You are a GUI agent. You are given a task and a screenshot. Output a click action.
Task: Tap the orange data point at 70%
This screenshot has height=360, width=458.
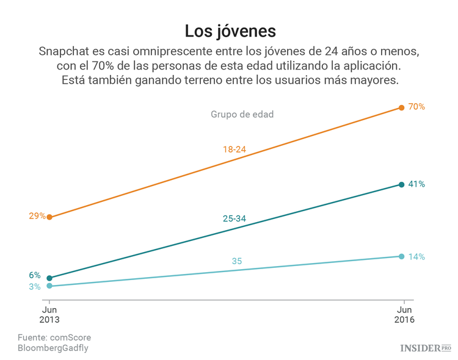(x=401, y=107)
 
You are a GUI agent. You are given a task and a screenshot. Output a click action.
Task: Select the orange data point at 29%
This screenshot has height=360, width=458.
(x=49, y=217)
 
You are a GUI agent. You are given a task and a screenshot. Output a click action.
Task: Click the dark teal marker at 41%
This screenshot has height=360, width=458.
(x=401, y=184)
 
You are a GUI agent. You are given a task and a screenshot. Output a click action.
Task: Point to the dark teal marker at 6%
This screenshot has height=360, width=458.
(x=49, y=278)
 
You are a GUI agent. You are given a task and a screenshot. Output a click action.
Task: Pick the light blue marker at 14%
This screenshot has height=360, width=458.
(x=401, y=256)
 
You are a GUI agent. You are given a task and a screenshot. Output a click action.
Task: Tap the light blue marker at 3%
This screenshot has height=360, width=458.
(x=49, y=286)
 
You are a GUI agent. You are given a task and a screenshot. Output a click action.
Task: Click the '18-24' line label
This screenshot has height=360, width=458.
(x=235, y=149)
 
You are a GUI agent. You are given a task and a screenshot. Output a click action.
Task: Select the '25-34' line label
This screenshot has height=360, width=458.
(x=234, y=218)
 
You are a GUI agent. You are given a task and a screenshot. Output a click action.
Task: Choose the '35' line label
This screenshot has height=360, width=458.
(x=237, y=261)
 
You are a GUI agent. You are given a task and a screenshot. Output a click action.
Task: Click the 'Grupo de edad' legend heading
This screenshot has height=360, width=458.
(x=242, y=114)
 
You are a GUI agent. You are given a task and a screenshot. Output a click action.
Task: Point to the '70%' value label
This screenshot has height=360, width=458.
(x=416, y=107)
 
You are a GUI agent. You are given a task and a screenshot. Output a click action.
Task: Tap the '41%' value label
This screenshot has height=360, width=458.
(x=416, y=184)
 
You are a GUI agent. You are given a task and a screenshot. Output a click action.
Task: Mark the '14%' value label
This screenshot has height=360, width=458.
(x=416, y=256)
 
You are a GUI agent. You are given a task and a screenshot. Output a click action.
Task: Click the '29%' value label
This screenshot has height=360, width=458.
(x=37, y=215)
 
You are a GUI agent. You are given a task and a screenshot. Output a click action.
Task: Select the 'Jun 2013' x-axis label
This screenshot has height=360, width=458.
(x=49, y=314)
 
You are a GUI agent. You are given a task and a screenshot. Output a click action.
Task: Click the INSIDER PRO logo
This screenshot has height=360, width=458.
(x=425, y=348)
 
